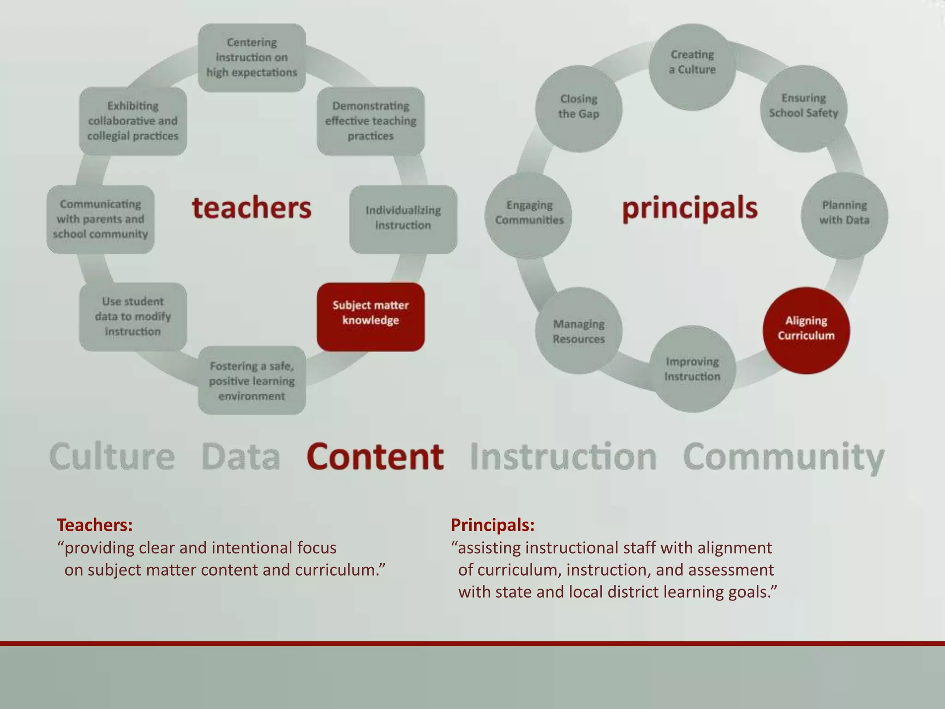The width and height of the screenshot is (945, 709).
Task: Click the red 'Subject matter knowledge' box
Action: (x=371, y=317)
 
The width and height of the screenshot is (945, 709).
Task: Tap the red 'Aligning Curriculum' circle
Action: (x=806, y=330)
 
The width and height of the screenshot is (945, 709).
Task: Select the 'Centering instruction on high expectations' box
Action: (x=252, y=58)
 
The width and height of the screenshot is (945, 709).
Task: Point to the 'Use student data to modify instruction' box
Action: (x=133, y=317)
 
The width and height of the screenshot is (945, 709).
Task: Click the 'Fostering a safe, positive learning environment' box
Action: (x=252, y=380)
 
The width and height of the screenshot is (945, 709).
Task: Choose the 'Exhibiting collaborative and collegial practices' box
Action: (x=133, y=121)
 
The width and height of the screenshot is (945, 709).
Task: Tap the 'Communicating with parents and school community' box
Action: (x=101, y=219)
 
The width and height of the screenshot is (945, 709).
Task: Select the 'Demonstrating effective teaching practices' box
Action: (x=371, y=121)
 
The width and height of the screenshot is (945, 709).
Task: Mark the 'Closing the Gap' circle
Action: (x=579, y=108)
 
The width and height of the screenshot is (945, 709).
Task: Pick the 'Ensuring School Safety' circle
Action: (x=803, y=108)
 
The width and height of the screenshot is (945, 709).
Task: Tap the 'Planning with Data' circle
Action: (x=844, y=215)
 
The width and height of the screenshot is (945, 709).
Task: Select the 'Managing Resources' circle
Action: (x=579, y=330)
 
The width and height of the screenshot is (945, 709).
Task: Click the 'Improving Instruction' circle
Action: (x=692, y=369)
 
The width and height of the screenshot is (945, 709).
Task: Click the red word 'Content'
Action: (x=375, y=457)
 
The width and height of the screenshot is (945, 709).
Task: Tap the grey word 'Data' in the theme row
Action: (x=240, y=457)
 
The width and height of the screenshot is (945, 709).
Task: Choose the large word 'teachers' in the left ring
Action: (x=252, y=208)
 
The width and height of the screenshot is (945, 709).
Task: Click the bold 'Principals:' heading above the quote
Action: (x=492, y=525)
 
